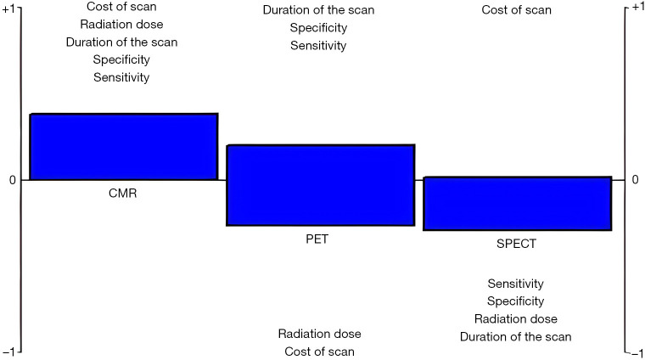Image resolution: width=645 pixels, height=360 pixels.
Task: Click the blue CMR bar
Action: point(124,147)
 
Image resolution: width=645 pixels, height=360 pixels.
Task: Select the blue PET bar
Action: point(320,185)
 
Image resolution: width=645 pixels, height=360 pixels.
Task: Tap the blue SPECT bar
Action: point(517,204)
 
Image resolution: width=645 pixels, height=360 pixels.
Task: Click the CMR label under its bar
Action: point(123,193)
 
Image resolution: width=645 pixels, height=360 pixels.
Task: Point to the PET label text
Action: point(317,239)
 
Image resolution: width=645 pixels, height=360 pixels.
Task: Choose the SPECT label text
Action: point(516,244)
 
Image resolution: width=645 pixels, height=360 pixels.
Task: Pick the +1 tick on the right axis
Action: point(633,7)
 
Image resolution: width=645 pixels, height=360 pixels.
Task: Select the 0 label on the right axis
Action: point(634,180)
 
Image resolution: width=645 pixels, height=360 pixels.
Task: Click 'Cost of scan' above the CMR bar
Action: point(121,7)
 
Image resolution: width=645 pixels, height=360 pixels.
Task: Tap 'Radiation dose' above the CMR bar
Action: point(121,25)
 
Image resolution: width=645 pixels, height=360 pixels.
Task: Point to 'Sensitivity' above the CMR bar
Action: point(121,77)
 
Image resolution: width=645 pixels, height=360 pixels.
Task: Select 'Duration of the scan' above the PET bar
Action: point(318,10)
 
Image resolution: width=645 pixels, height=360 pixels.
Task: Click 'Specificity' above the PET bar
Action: point(318,28)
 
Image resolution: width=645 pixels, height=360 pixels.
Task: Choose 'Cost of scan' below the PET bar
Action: point(319,352)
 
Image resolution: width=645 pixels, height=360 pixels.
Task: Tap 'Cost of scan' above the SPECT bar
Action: point(516,10)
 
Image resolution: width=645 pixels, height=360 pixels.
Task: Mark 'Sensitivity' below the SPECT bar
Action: point(515,284)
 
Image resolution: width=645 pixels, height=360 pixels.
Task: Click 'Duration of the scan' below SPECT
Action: point(515,337)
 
